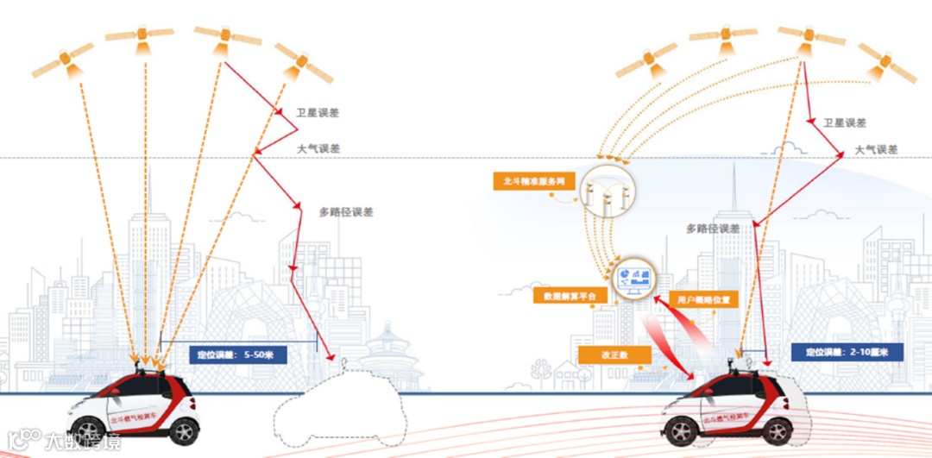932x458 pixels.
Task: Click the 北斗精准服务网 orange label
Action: click(527, 182)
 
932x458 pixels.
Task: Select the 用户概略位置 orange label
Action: click(704, 300)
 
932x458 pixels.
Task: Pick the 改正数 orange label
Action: click(614, 354)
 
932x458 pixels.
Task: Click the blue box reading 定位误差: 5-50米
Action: click(231, 354)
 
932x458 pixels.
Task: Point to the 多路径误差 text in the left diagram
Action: click(346, 212)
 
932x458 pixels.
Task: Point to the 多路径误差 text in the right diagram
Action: click(713, 229)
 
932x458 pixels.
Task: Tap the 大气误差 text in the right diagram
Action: click(876, 149)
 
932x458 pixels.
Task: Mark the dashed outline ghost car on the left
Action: click(340, 405)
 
